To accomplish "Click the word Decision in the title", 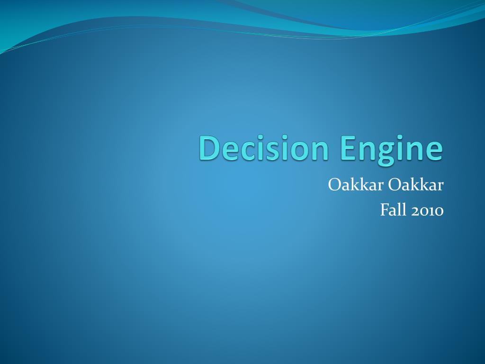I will click(264, 148).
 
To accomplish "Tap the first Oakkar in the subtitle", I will click(356, 185).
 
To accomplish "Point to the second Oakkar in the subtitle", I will click(416, 185).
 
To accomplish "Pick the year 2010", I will click(427, 210).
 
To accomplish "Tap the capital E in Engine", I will click(349, 148).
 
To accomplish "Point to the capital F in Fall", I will click(385, 209).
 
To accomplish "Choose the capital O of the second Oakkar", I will click(394, 185).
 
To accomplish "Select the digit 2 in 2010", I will click(415, 210).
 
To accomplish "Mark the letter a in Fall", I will click(394, 211).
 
